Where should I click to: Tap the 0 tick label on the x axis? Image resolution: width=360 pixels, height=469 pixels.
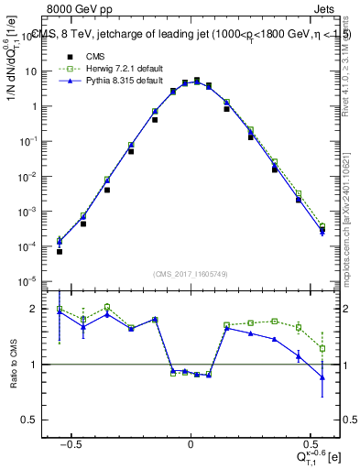click(x=190, y=442)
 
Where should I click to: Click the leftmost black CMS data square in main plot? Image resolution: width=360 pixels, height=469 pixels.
click(x=60, y=251)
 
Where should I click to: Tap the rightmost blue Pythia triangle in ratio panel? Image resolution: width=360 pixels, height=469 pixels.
click(x=322, y=376)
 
